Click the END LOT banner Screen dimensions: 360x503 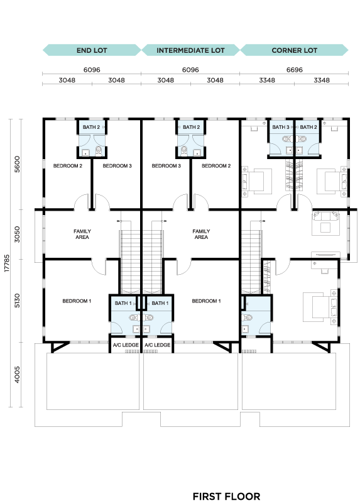(92, 50)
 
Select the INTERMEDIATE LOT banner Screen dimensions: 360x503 (190, 50)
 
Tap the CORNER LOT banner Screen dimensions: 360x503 (294, 50)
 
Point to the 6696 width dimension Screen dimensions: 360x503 (294, 70)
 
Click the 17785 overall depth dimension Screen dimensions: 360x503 (7, 263)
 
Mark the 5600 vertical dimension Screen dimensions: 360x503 (18, 164)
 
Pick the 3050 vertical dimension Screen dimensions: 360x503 (18, 234)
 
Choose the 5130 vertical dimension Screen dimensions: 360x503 (18, 301)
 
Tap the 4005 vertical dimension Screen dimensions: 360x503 (18, 374)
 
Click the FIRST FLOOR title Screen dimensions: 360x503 (226, 496)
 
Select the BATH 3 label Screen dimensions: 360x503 (281, 127)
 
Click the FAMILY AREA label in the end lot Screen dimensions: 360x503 (82, 234)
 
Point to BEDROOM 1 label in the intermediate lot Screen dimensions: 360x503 (207, 301)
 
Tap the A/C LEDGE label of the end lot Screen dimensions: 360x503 (126, 345)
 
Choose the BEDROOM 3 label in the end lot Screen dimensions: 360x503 (117, 166)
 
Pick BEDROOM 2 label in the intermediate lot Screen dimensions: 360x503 (216, 166)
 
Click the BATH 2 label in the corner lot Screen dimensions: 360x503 (308, 127)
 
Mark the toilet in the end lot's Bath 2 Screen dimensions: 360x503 (99, 150)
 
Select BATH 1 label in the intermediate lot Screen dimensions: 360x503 (160, 303)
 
